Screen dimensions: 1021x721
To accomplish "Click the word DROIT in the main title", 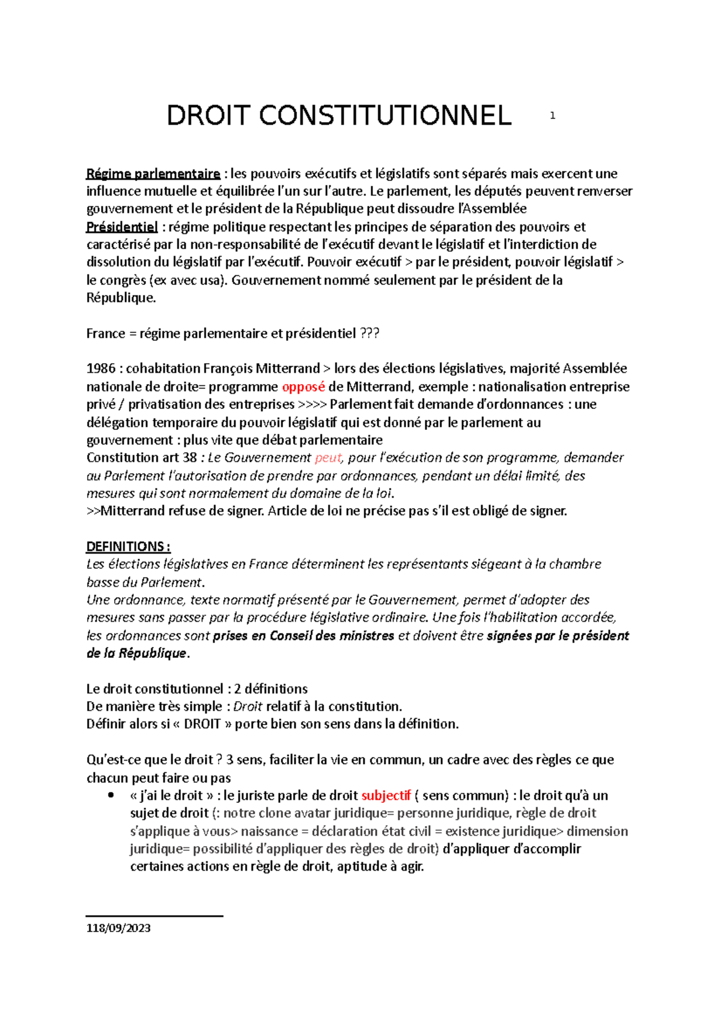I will (x=207, y=115).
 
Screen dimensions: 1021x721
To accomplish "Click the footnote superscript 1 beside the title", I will (x=552, y=115).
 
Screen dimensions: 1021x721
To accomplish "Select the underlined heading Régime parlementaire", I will (x=153, y=174).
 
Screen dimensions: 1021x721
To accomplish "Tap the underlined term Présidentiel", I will (x=122, y=227).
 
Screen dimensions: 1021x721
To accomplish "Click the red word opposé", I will (x=303, y=387).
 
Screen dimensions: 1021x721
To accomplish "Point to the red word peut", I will (x=328, y=458).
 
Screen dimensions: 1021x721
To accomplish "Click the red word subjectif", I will (x=386, y=796).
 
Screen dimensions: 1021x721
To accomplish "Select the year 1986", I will (x=101, y=369).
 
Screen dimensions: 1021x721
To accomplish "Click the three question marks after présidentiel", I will (x=370, y=334).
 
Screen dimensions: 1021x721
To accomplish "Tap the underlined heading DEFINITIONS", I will (x=127, y=547).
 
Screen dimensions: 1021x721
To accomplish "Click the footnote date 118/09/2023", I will (x=118, y=928).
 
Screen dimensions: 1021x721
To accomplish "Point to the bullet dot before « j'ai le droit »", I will (x=109, y=796).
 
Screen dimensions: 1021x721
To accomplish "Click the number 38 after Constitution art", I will (x=190, y=458).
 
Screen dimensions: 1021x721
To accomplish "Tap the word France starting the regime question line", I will (x=106, y=334).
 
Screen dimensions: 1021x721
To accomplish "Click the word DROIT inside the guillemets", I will (x=202, y=724).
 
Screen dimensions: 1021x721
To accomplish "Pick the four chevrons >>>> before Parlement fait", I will (x=312, y=404).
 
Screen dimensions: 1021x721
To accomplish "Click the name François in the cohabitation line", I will (x=228, y=369).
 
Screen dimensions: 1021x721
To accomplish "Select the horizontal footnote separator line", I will (x=154, y=916).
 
